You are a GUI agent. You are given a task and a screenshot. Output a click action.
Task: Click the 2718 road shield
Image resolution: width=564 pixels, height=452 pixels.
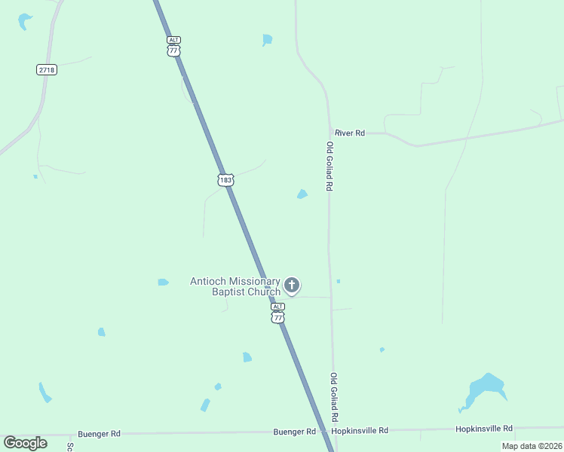tap(46, 69)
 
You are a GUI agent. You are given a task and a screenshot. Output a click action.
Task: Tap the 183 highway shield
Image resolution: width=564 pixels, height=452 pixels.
tap(225, 180)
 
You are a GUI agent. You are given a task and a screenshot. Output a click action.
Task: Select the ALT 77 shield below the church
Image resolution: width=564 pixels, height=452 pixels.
tap(278, 313)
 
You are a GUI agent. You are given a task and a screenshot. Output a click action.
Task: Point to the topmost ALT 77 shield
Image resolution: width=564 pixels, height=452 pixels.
tap(174, 45)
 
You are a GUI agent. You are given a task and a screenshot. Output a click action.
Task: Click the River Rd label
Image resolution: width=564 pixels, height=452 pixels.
tap(350, 133)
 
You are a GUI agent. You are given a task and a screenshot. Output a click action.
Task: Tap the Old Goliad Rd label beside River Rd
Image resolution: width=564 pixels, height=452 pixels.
tap(330, 166)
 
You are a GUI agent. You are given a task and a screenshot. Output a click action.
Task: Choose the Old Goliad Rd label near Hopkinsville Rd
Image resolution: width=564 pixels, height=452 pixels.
tap(333, 396)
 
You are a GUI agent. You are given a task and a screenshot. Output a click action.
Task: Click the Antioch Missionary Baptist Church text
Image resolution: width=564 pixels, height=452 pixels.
tap(235, 286)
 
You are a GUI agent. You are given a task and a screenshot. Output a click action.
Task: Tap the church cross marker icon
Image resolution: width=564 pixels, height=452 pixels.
tap(292, 286)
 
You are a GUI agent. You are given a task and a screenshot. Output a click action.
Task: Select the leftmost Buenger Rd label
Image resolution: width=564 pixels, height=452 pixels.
tap(99, 434)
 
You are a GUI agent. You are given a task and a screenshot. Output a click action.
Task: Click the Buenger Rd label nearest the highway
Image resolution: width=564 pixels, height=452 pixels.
tap(294, 432)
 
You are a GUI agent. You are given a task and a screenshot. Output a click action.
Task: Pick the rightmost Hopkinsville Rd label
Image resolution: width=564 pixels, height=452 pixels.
tap(483, 428)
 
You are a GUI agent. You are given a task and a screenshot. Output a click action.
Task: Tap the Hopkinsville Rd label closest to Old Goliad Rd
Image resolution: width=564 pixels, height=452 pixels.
tap(360, 430)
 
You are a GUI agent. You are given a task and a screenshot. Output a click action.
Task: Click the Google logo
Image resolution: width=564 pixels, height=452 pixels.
tap(26, 442)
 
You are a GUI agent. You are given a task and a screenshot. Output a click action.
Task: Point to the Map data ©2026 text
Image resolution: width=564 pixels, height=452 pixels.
tap(531, 446)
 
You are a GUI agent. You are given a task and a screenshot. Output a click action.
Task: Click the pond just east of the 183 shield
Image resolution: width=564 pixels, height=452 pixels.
tap(302, 194)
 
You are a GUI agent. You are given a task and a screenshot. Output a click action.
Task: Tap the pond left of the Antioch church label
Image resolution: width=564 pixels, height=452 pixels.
tap(163, 282)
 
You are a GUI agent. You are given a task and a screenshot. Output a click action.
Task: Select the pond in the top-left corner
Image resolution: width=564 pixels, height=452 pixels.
tap(25, 20)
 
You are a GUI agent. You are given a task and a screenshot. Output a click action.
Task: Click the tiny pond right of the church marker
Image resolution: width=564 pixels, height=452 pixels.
tap(338, 281)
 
